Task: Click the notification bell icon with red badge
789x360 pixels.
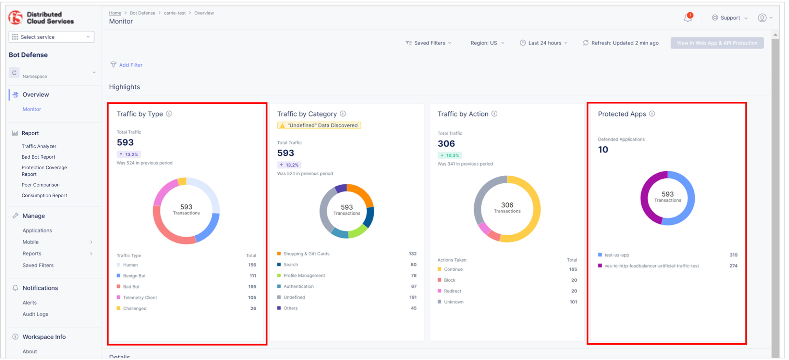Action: click(x=688, y=17)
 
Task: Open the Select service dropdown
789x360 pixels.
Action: click(x=51, y=37)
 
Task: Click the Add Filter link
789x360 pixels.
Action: click(x=130, y=65)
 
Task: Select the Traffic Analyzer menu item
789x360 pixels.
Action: click(x=39, y=146)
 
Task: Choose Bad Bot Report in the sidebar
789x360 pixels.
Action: click(x=38, y=157)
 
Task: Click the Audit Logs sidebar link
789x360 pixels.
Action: click(x=35, y=314)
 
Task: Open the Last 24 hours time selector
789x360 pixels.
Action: click(x=544, y=43)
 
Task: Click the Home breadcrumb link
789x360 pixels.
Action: click(x=115, y=13)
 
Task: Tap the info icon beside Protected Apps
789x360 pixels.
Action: click(x=652, y=114)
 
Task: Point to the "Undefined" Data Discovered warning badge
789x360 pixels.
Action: click(x=319, y=125)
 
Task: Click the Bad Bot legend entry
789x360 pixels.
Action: click(x=131, y=287)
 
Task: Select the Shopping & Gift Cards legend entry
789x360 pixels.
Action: click(x=306, y=254)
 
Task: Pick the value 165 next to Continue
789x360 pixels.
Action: click(x=573, y=269)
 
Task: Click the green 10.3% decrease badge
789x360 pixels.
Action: click(x=450, y=156)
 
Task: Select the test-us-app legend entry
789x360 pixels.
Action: click(x=617, y=255)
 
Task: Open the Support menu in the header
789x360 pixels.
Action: click(x=730, y=18)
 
